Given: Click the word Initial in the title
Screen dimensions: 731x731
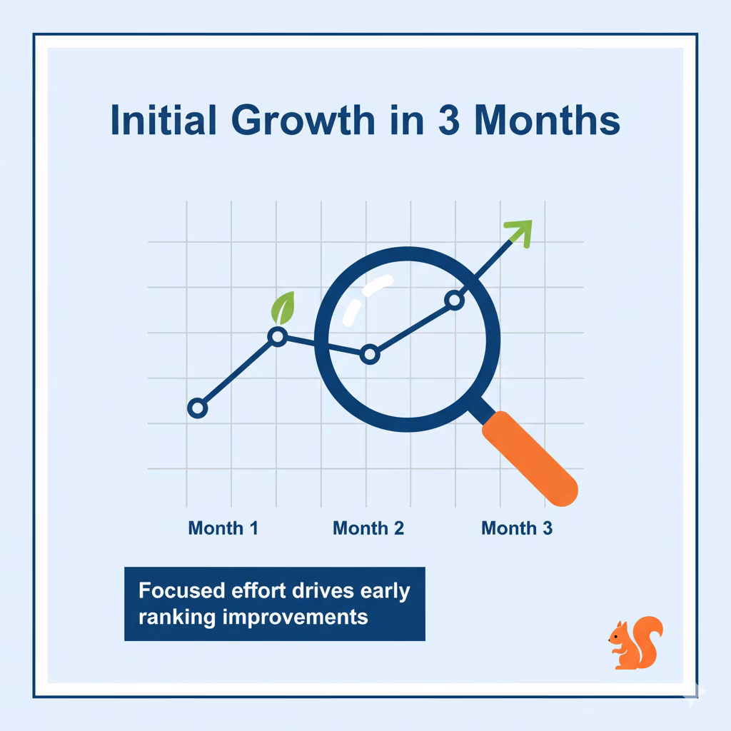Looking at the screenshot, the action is click(163, 120).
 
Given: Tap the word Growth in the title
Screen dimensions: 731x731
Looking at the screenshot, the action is click(303, 120).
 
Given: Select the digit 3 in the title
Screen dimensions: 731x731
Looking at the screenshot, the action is click(449, 120).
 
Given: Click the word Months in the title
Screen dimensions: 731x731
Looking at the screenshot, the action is click(548, 120).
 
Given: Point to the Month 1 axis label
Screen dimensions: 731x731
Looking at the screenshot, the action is click(223, 528).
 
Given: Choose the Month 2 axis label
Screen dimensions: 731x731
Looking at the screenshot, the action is click(368, 528).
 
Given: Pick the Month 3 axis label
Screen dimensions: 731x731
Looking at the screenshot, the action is click(517, 528).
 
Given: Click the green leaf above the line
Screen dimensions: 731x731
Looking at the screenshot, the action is click(283, 308).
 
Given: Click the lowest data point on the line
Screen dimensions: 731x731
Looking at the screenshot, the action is click(197, 408).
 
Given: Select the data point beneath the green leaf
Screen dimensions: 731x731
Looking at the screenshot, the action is click(278, 336).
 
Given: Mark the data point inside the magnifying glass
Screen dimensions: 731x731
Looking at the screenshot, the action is click(370, 355).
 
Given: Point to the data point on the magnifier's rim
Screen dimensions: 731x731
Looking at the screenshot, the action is click(455, 300).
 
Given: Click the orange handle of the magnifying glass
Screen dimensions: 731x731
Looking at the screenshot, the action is click(530, 458).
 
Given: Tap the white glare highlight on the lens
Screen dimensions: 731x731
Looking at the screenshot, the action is click(367, 298).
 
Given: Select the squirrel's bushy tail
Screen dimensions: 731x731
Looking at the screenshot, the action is click(648, 639).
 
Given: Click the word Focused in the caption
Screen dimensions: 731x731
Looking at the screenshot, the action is click(182, 590).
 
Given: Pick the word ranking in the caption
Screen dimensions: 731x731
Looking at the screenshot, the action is click(177, 617).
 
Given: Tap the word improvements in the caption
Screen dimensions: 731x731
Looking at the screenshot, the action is click(295, 617).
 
